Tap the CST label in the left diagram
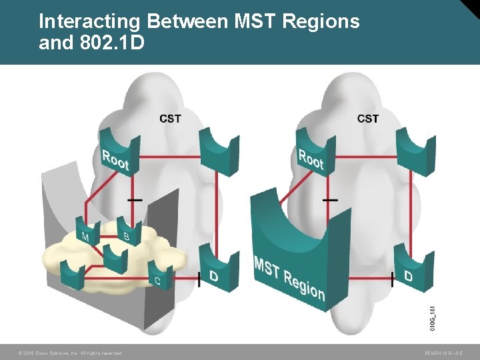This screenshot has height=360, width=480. (x=170, y=119)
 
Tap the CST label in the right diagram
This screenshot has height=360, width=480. (x=367, y=119)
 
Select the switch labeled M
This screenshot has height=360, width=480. (x=87, y=233)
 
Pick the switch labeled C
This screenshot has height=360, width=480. (x=159, y=276)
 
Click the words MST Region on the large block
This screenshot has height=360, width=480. (x=289, y=277)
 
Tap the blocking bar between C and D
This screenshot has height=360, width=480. (x=199, y=279)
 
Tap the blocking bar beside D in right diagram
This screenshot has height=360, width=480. (x=392, y=279)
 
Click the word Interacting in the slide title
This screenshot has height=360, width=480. (x=89, y=21)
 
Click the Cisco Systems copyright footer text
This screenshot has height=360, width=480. (x=70, y=353)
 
